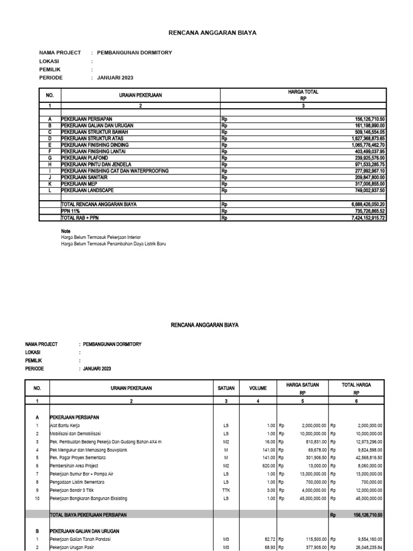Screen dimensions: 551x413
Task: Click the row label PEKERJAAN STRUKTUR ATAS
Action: (91, 138)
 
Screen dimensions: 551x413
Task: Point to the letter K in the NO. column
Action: (50, 183)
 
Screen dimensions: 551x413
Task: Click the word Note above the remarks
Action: (66, 230)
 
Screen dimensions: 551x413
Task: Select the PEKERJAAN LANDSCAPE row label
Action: (88, 190)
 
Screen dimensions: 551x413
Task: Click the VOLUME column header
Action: (258, 387)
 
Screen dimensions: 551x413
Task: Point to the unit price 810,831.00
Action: (307, 441)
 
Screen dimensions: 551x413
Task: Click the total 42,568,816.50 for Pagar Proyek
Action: (365, 457)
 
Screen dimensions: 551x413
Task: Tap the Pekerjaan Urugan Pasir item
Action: (74, 547)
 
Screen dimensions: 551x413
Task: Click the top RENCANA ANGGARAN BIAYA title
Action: (205, 33)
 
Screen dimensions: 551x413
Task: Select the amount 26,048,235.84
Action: (365, 547)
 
